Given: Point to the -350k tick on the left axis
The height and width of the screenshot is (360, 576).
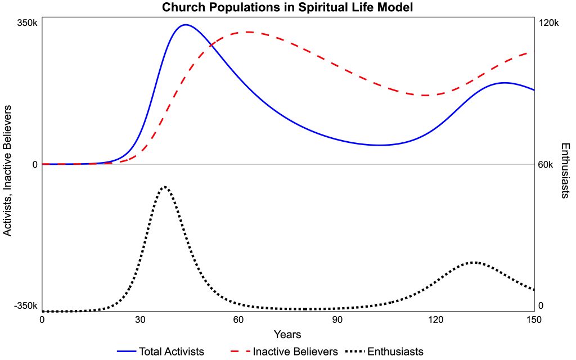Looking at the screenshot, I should pyautogui.click(x=25, y=306).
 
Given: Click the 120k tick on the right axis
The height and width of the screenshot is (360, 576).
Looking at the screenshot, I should pyautogui.click(x=548, y=23).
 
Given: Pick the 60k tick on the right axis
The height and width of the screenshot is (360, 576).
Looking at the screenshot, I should pyautogui.click(x=546, y=164).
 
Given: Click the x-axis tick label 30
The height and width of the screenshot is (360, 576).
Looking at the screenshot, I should pyautogui.click(x=140, y=319).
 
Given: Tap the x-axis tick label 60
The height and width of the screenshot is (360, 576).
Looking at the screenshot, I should pyautogui.click(x=238, y=319).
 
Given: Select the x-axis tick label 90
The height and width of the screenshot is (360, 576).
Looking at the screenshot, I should pyautogui.click(x=337, y=319).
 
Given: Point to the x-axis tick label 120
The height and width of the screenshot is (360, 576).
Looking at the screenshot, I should pyautogui.click(x=435, y=319).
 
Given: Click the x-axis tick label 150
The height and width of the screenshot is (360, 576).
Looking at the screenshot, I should pyautogui.click(x=533, y=319).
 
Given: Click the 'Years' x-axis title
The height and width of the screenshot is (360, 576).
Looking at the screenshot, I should pyautogui.click(x=287, y=335).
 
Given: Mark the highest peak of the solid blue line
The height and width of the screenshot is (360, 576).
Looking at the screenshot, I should pyautogui.click(x=185, y=25).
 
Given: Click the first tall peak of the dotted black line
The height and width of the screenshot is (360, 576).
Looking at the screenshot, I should pyautogui.click(x=164, y=186).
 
